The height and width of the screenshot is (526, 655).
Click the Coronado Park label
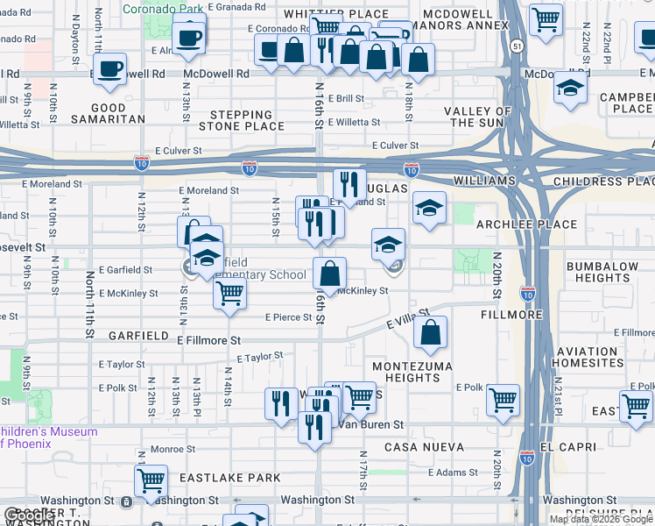[158, 10]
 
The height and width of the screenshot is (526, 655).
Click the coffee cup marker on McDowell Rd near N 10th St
[110, 68]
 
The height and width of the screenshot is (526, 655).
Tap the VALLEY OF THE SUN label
[477, 117]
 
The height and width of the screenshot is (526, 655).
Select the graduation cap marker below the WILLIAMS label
[429, 209]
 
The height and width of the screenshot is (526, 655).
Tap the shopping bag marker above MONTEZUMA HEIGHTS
[430, 333]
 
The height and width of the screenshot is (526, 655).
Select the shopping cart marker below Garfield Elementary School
[229, 294]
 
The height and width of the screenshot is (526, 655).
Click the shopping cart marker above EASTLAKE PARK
[151, 480]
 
